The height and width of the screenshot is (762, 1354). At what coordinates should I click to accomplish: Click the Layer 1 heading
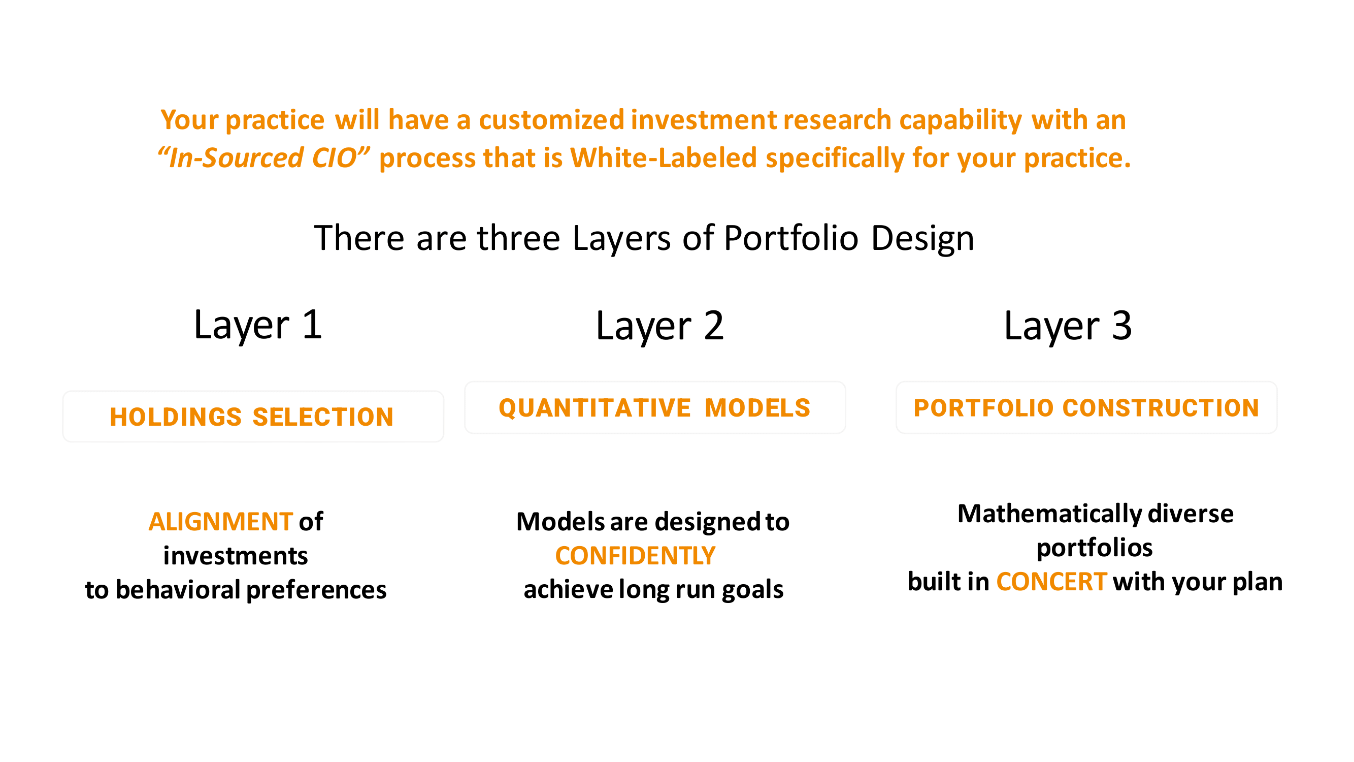tap(257, 326)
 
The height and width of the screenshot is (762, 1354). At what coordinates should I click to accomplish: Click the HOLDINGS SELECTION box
tap(253, 417)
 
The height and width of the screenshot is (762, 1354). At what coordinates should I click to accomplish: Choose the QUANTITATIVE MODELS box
tap(655, 407)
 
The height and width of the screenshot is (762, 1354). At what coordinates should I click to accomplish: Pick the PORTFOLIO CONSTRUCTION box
tap(1086, 407)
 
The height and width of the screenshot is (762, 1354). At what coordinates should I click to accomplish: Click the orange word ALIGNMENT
tap(221, 522)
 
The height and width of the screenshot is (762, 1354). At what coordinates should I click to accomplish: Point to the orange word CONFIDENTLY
tap(636, 556)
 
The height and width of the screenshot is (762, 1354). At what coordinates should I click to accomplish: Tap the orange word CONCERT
tap(1052, 582)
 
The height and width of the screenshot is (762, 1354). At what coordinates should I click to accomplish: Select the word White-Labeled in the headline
tap(664, 157)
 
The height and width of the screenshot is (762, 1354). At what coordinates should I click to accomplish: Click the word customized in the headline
tap(551, 120)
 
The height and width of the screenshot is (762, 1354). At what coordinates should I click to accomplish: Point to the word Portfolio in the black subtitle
tap(791, 238)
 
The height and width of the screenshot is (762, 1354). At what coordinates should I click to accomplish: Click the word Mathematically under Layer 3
tap(1050, 514)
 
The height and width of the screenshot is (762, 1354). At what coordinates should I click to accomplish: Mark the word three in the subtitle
tap(518, 238)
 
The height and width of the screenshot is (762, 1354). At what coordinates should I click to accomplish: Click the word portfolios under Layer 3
tap(1095, 549)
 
